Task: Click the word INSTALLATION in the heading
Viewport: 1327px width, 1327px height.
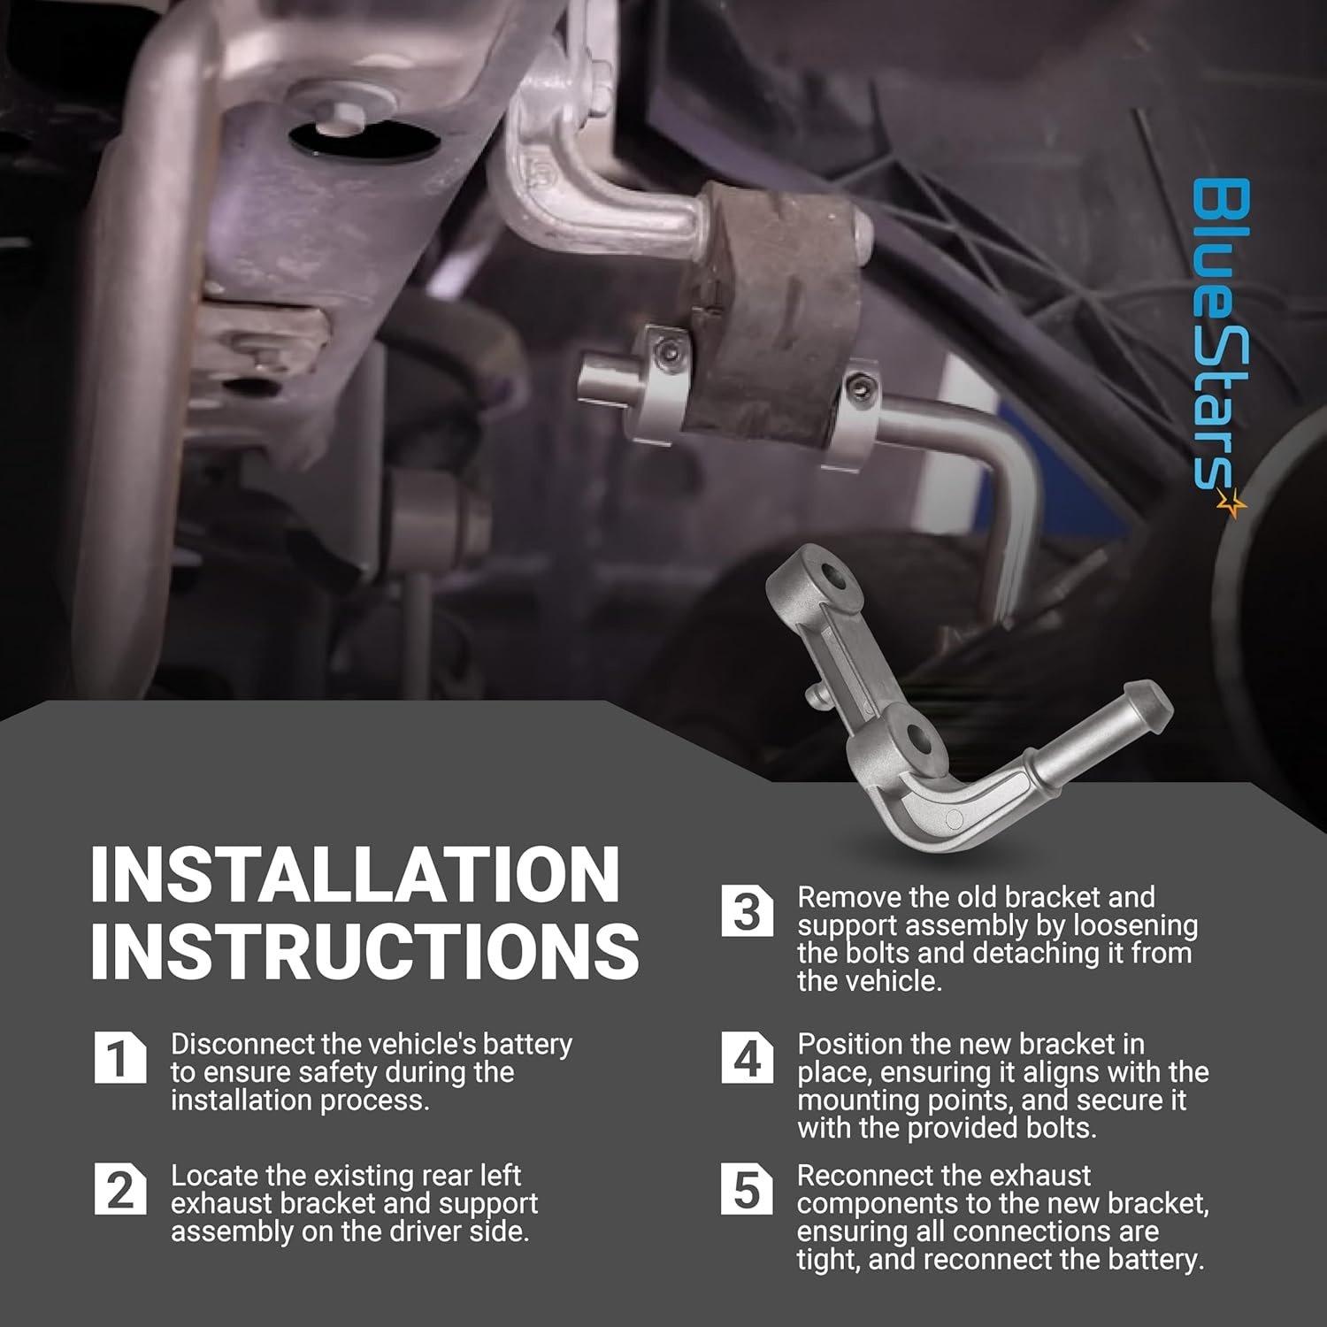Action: click(x=354, y=874)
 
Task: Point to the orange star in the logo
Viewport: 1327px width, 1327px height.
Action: click(x=1231, y=504)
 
